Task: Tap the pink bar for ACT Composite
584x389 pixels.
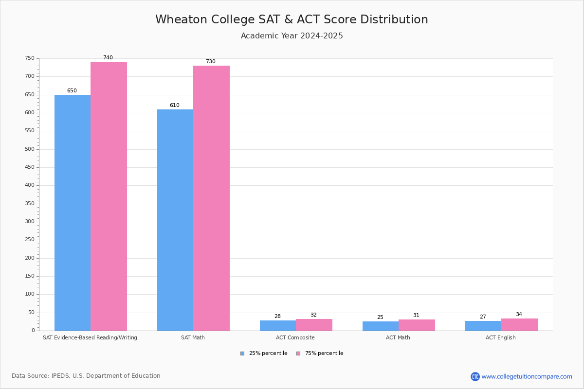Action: (314, 325)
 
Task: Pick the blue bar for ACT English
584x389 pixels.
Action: (483, 326)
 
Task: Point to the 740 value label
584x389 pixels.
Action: (108, 58)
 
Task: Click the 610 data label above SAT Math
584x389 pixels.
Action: (174, 106)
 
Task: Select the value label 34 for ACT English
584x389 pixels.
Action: (519, 315)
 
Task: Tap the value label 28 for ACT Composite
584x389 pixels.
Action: (277, 317)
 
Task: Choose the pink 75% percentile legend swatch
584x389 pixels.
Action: (298, 354)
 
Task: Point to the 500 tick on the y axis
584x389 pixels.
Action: (30, 149)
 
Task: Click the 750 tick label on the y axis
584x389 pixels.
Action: (30, 58)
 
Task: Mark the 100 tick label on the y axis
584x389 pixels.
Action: (30, 294)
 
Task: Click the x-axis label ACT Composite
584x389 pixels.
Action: (295, 337)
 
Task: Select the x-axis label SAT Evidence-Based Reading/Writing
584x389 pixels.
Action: (90, 337)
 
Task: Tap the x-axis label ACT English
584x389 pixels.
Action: (500, 337)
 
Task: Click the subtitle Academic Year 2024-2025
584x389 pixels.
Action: (292, 36)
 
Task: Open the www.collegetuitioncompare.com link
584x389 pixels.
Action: (527, 376)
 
